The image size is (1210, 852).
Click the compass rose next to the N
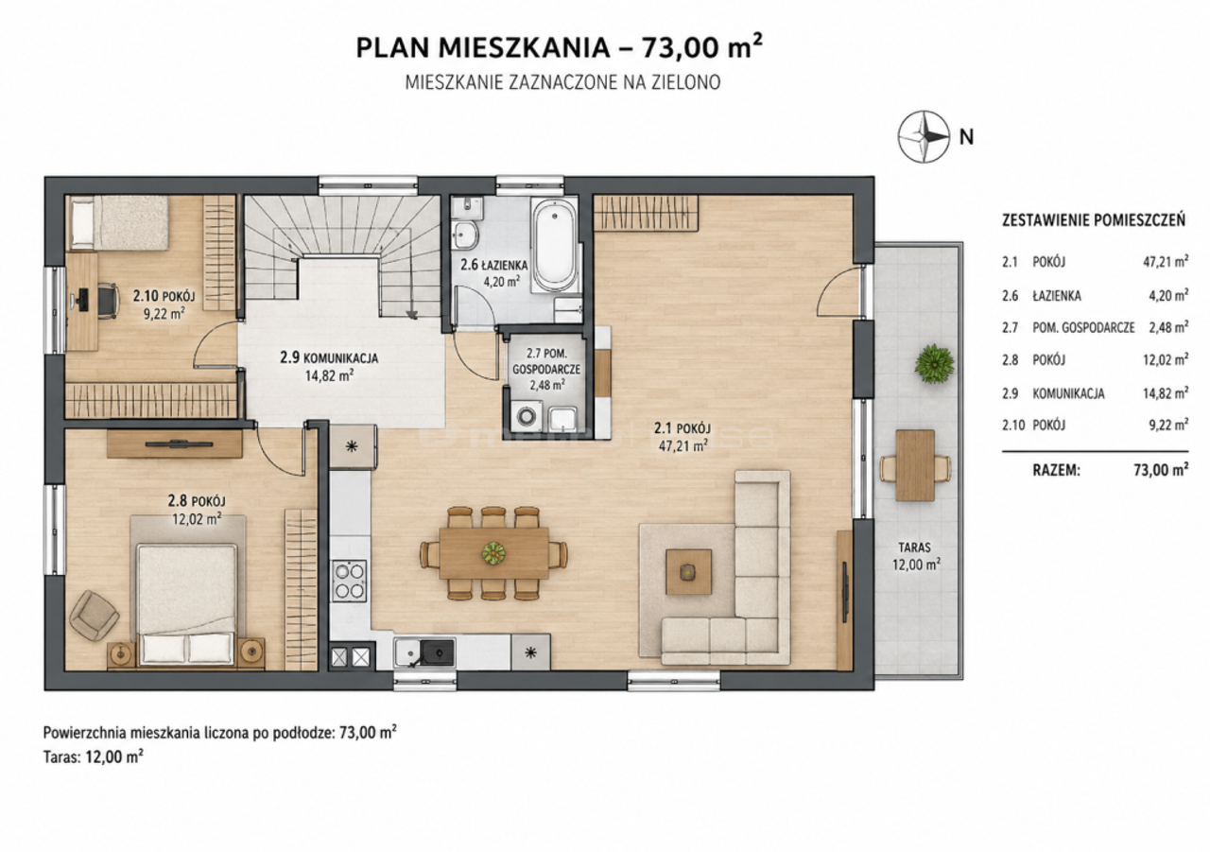(x=924, y=137)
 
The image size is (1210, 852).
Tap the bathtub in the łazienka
(x=554, y=246)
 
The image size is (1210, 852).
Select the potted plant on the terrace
(x=933, y=364)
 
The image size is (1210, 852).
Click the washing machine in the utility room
(x=525, y=417)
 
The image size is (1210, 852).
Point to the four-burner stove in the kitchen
(x=350, y=581)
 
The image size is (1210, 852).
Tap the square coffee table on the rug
(x=688, y=571)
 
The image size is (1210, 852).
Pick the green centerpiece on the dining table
(x=493, y=552)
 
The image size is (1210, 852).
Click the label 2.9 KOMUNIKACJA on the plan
(x=329, y=357)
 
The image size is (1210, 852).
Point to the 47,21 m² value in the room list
(x=1166, y=263)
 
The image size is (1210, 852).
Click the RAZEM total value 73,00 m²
(x=1161, y=470)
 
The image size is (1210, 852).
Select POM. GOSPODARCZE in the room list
(x=1083, y=327)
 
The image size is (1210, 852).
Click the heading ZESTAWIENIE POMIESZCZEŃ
(x=1094, y=220)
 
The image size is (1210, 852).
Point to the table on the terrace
(x=915, y=465)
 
